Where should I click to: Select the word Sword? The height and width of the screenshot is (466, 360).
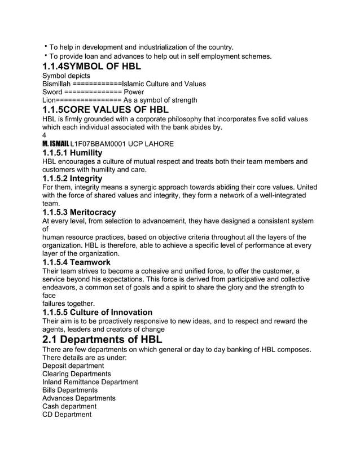(52, 92)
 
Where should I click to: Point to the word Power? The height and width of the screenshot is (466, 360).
(134, 92)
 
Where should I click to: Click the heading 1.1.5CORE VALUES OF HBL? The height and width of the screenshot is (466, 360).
(106, 109)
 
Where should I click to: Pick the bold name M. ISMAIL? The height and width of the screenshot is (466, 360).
(55, 144)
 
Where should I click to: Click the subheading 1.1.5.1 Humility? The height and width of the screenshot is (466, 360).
(72, 153)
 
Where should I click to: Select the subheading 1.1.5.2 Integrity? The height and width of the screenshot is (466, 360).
(72, 178)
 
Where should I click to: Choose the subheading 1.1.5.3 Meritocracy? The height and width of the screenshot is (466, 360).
(79, 212)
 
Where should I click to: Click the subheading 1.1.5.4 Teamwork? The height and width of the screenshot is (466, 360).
(76, 262)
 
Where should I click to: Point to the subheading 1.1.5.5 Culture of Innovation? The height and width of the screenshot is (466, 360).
(97, 312)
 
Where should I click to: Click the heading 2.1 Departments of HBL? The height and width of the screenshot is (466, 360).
(102, 340)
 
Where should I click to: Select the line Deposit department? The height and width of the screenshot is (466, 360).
(73, 366)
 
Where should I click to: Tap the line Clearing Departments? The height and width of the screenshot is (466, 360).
(76, 374)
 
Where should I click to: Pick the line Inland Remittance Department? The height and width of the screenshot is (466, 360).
(90, 382)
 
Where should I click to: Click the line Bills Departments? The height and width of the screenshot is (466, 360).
(70, 390)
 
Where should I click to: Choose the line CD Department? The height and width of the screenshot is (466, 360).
(67, 415)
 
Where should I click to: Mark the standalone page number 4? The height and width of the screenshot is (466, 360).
(45, 135)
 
